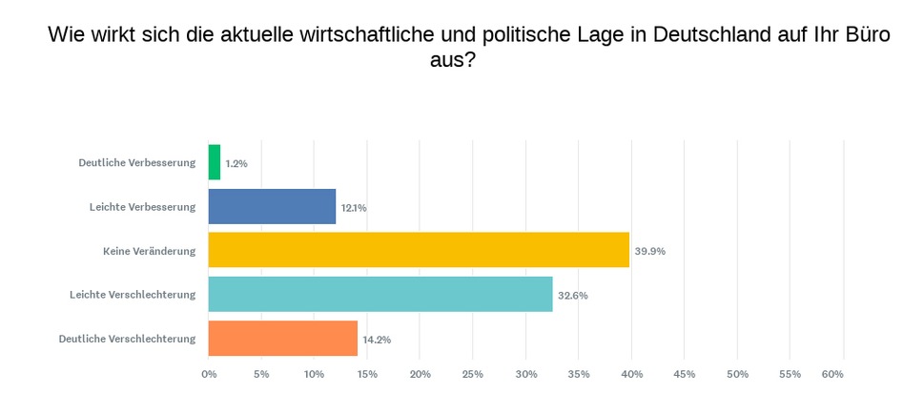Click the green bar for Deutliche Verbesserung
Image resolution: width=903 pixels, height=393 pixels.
pos(215,162)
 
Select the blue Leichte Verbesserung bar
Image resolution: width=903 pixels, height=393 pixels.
pos(272,206)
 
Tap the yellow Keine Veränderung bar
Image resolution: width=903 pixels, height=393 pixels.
pos(419,250)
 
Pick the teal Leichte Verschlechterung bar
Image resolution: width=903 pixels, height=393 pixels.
pos(380,294)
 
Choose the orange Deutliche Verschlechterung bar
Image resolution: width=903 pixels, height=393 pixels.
pos(282,338)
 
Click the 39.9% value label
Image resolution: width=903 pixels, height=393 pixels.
pos(649,252)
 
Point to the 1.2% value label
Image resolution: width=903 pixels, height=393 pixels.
pos(236,164)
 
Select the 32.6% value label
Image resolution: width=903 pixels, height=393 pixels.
pos(573,296)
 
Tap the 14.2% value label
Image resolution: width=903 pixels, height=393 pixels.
pos(377,340)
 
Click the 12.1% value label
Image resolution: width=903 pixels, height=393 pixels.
pos(354,208)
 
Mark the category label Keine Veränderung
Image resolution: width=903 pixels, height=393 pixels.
pos(149,251)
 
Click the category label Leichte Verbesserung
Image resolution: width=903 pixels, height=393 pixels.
pos(142,207)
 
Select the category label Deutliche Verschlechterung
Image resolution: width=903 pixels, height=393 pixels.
pos(127,339)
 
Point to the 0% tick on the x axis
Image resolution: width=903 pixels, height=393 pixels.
pos(209,374)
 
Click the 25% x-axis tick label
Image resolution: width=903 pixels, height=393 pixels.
pos(473,374)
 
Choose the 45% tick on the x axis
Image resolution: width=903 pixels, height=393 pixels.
pos(685,374)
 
